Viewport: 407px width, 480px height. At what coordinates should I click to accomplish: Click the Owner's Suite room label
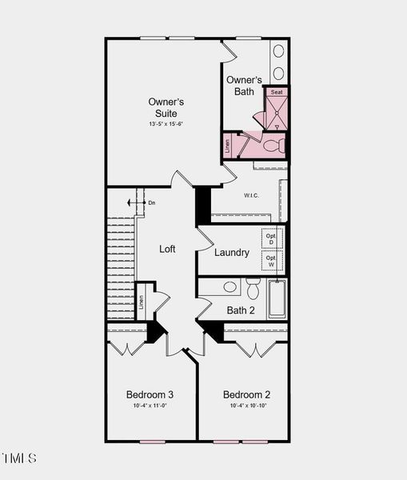point(166,107)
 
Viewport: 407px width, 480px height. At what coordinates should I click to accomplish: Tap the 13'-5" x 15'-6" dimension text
point(166,124)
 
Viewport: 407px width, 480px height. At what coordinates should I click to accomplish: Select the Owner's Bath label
point(244,86)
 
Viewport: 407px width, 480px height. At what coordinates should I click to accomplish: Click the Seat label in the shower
point(277,93)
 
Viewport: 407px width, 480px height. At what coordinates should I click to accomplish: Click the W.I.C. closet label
point(251,195)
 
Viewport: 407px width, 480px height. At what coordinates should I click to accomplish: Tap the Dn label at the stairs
point(152,203)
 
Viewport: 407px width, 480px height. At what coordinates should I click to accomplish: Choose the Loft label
point(167,249)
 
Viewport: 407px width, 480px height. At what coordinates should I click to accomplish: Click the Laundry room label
point(232,253)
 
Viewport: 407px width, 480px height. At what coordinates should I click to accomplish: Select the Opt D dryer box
point(271,238)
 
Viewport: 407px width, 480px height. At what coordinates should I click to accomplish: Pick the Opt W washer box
point(271,262)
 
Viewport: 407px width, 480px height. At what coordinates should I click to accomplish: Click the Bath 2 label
point(241,310)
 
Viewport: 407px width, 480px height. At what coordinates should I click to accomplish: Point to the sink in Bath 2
point(230,286)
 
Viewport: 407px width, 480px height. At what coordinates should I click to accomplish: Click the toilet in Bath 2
point(253,288)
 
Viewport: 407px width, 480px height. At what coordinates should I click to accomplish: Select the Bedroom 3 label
point(150,394)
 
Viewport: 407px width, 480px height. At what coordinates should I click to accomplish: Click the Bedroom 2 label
point(246,394)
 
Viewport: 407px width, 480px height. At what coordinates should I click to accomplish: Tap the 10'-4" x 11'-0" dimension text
point(150,406)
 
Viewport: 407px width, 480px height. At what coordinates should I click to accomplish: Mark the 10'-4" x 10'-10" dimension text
point(246,406)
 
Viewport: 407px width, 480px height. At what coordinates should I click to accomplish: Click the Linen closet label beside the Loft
point(142,302)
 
